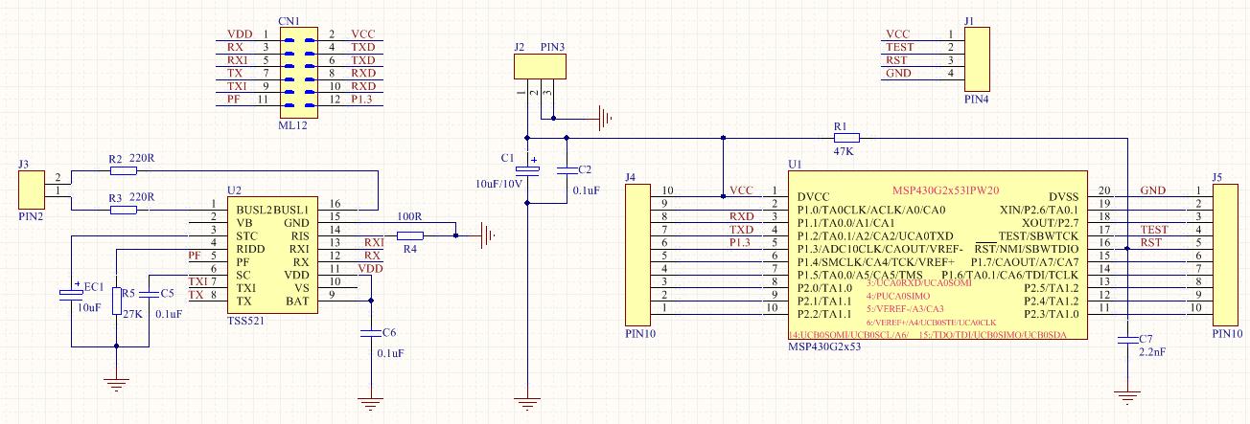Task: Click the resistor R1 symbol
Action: click(x=846, y=138)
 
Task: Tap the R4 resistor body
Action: click(x=409, y=235)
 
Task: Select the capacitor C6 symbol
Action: click(x=370, y=334)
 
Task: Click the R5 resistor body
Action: click(x=116, y=301)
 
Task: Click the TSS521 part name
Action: click(x=245, y=321)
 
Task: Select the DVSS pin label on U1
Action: click(x=1061, y=196)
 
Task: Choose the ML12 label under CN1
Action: click(x=292, y=124)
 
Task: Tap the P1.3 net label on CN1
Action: click(x=363, y=100)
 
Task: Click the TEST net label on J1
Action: click(x=899, y=47)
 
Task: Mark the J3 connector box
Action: click(x=32, y=190)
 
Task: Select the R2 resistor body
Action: click(x=123, y=170)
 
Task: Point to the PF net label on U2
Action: click(x=195, y=257)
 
